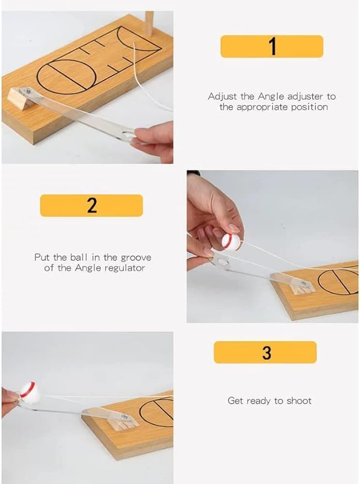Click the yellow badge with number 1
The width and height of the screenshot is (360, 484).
(271, 47)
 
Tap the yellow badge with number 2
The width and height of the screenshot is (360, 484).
(91, 205)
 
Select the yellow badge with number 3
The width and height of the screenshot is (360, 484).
(265, 352)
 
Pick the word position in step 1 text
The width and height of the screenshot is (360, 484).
(310, 107)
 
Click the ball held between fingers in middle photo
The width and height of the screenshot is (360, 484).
(231, 242)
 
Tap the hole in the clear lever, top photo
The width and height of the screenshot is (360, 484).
(128, 133)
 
